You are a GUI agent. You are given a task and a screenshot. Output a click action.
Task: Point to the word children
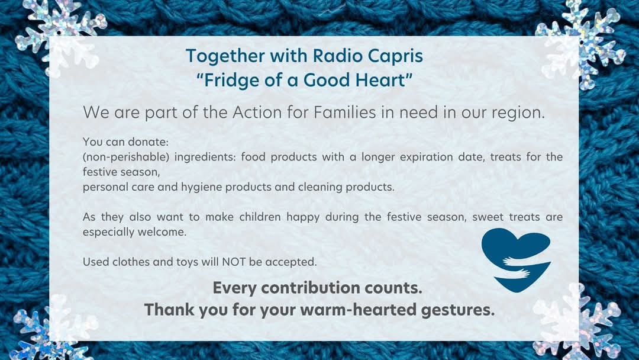coord(260,217)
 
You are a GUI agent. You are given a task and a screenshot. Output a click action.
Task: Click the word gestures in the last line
coord(457,310)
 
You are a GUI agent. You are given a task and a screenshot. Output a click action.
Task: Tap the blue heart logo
coord(516,260)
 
